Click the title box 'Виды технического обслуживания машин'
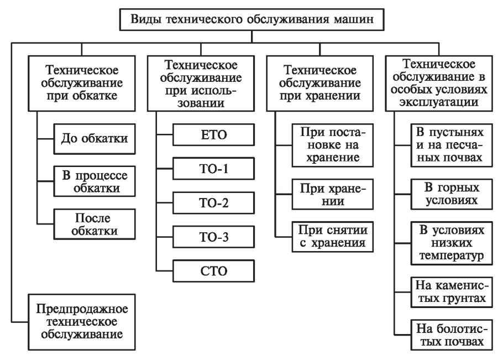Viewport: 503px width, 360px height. (x=252, y=19)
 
